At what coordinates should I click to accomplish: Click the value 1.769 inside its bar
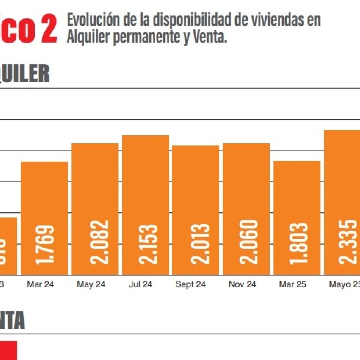click(45, 245)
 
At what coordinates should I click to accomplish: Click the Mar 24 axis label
click(40, 284)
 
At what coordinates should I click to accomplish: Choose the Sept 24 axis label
click(191, 284)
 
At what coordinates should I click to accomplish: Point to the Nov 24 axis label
click(242, 284)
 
